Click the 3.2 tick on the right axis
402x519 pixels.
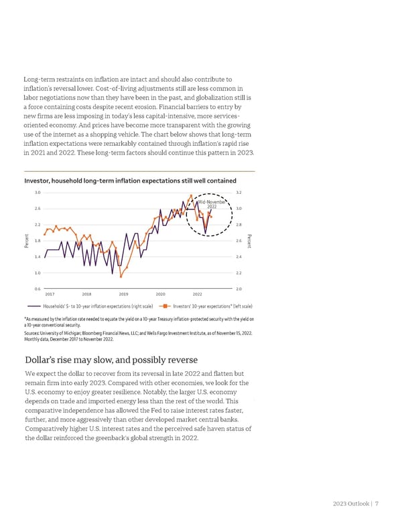(239, 192)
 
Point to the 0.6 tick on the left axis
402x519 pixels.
(38, 288)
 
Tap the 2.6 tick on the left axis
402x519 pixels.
(38, 208)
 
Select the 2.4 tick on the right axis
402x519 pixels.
(239, 256)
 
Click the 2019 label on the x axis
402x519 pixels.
(123, 294)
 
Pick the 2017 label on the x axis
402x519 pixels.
(50, 294)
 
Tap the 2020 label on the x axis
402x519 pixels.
(161, 294)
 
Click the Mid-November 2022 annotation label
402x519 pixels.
(212, 204)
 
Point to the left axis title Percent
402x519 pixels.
(26, 240)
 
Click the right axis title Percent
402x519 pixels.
(250, 240)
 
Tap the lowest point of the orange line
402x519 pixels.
(121, 276)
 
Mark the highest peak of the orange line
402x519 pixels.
(191, 196)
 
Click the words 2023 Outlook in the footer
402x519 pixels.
(349, 504)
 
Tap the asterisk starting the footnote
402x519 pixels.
(24, 319)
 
